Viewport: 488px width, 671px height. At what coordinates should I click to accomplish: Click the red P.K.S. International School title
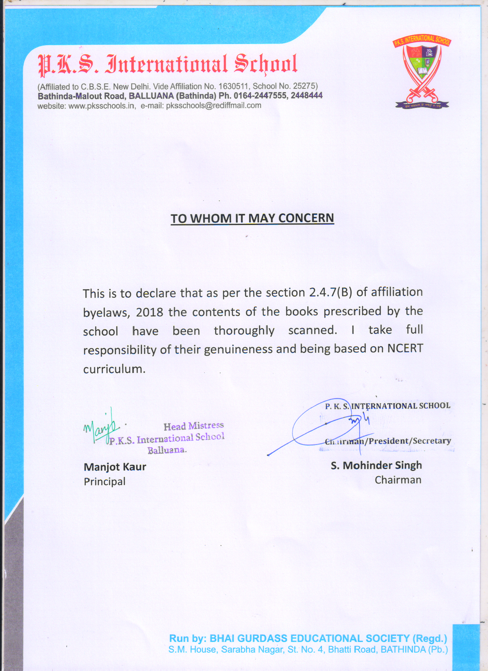[x=167, y=64]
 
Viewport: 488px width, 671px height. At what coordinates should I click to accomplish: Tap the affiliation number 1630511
[x=233, y=86]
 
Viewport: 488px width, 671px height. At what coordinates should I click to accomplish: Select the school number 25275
[x=304, y=86]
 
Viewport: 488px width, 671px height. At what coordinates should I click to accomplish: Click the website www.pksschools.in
[x=101, y=106]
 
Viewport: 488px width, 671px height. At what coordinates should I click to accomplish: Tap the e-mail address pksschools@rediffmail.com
[x=214, y=106]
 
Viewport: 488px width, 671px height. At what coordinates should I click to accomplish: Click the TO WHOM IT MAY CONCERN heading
[x=252, y=218]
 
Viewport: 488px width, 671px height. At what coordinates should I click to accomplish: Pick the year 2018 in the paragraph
[x=150, y=312]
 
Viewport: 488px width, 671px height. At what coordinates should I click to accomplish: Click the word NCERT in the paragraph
[x=405, y=349]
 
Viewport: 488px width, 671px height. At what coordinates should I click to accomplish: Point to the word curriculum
[x=114, y=369]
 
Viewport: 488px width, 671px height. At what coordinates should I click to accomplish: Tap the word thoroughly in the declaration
[x=244, y=331]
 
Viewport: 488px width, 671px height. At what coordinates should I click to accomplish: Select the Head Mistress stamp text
[x=194, y=426]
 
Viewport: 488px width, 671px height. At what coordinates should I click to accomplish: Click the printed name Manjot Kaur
[x=115, y=467]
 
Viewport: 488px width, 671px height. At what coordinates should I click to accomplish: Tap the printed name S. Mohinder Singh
[x=376, y=465]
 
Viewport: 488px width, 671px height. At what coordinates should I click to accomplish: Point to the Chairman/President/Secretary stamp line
[x=388, y=441]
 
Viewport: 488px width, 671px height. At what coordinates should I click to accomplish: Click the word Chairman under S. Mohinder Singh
[x=398, y=480]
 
